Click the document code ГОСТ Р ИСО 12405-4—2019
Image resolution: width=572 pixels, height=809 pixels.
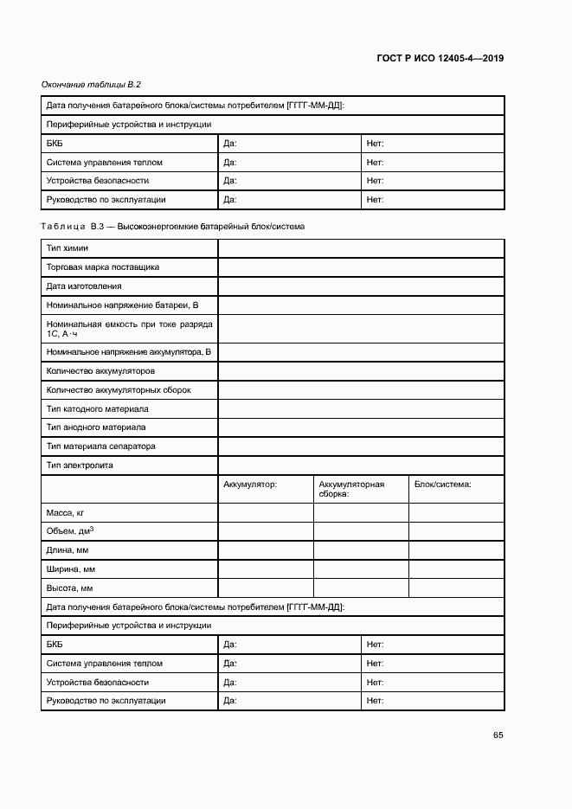[x=440, y=59]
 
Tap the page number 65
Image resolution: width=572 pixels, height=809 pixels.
[x=498, y=735]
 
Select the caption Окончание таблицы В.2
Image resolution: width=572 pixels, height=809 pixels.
[x=91, y=85]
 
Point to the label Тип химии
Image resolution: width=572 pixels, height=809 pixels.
[x=67, y=249]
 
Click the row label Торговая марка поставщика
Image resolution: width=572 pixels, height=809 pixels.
[x=102, y=267]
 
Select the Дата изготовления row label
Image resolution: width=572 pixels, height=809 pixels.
[x=84, y=286]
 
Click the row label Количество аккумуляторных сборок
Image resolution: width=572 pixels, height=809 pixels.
[x=119, y=390]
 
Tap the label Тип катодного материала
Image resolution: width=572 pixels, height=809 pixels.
[x=97, y=408]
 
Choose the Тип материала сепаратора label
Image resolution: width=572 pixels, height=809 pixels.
[x=100, y=446]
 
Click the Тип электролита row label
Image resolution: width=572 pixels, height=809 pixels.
[x=80, y=465]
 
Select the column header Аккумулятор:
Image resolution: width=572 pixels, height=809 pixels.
[x=250, y=485]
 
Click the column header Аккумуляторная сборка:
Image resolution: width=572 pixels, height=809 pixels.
[x=351, y=489]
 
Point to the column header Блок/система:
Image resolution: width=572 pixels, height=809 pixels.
[x=442, y=485]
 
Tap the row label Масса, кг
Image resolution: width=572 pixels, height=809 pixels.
[x=65, y=513]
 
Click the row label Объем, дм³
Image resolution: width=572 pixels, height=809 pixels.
[x=70, y=531]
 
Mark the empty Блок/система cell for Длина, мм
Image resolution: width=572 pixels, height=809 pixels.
[x=456, y=550]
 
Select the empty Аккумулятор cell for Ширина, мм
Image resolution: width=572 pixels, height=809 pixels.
[x=265, y=569]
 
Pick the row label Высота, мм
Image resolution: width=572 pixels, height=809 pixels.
[x=69, y=588]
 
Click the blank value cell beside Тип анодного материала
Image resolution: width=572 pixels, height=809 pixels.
[x=361, y=427]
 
